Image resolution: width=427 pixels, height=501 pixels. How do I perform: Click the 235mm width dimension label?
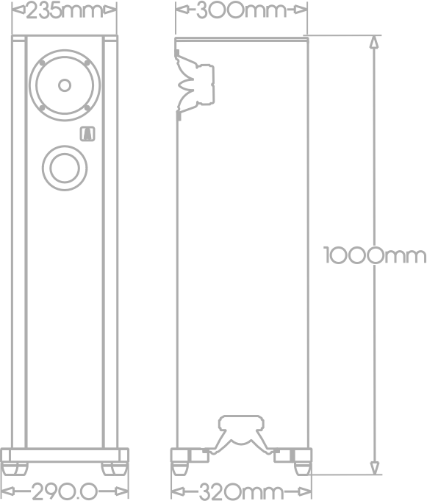(64, 11)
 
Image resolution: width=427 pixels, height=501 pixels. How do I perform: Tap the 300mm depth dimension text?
(242, 10)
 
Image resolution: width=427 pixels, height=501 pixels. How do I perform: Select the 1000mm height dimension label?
(375, 255)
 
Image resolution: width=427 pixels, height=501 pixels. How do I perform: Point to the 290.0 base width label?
(64, 491)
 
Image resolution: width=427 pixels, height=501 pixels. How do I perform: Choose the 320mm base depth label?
(242, 491)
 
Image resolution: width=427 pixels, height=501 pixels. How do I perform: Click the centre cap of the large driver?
(65, 85)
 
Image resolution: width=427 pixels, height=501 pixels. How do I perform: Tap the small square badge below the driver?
(87, 134)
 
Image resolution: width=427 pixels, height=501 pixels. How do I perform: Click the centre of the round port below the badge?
(65, 168)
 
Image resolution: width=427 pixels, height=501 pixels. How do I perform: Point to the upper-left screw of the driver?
(42, 63)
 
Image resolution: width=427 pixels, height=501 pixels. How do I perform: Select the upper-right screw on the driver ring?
(87, 63)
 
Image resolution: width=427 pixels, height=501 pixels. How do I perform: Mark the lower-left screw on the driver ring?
(42, 108)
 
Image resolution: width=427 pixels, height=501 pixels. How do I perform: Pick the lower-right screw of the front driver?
(87, 108)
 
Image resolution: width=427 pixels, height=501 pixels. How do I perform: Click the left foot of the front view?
(15, 469)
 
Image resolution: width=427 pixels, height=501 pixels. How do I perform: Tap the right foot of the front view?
(114, 469)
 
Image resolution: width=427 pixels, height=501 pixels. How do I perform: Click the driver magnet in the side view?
(206, 85)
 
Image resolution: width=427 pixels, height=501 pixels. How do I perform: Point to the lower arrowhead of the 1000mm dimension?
(375, 468)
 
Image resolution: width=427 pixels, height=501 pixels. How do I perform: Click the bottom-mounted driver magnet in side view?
(241, 422)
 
